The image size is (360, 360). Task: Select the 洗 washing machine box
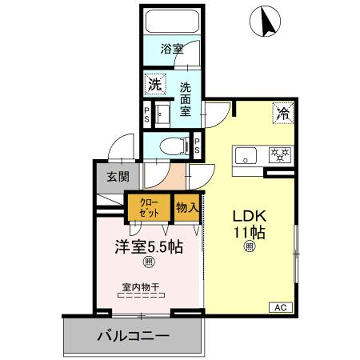153,84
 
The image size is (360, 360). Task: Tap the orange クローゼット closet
148,210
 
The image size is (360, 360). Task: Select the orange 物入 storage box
186,207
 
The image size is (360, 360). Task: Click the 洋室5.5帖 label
146,245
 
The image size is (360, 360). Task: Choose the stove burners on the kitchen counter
281,153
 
